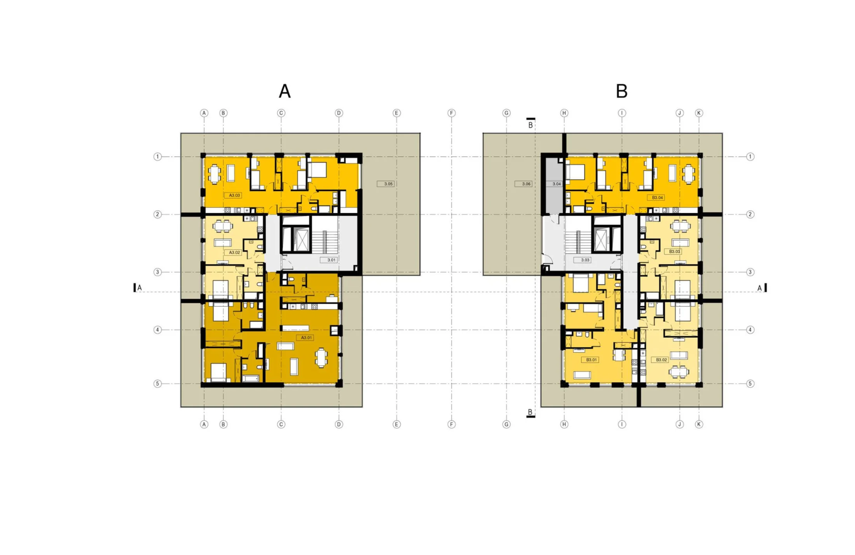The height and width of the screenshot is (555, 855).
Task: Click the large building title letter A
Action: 284,91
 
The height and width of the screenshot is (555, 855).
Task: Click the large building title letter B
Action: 621,91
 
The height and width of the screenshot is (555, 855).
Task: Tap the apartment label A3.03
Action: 234,195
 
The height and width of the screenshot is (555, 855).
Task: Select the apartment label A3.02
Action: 234,252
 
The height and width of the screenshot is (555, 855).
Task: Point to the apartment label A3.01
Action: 306,338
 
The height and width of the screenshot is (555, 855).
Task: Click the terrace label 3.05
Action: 388,184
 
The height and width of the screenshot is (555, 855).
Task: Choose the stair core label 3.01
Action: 331,260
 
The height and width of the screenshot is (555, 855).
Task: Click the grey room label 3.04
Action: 556,184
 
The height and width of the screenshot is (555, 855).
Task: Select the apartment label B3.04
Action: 657,198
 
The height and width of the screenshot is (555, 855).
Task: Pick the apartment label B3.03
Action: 674,252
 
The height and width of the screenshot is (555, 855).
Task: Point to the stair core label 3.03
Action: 585,260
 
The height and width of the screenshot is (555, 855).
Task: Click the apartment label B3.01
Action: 591,360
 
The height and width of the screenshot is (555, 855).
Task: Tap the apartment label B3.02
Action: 661,360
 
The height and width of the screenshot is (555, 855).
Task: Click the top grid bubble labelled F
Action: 451,113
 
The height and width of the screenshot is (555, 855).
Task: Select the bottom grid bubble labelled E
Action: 396,424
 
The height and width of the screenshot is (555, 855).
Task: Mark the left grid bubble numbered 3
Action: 157,272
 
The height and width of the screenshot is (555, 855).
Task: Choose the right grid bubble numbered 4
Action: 750,330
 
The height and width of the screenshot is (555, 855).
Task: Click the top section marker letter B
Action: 530,125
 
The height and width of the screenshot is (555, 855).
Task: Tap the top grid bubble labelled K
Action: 699,113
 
